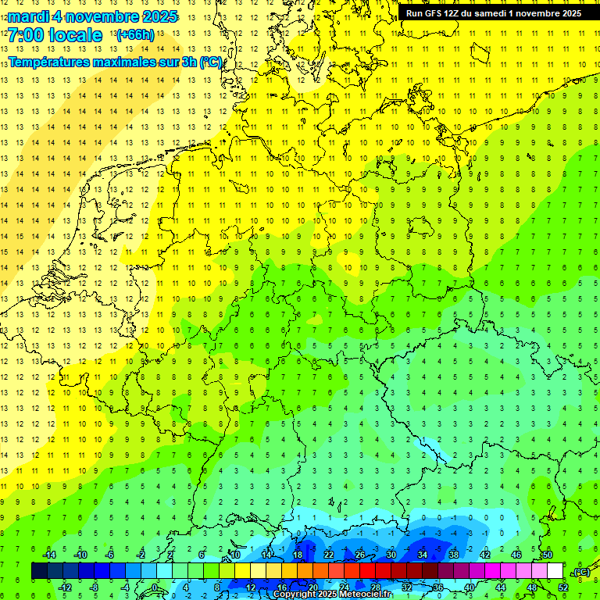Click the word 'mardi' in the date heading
(x=30, y=16)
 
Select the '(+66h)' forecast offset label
(x=135, y=35)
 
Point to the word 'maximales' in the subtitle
(x=131, y=62)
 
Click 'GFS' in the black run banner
(x=436, y=13)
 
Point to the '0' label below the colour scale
(x=155, y=587)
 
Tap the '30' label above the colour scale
(x=391, y=555)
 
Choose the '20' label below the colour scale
(x=312, y=587)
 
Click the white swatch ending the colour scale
(x=555, y=571)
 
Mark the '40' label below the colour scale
(x=469, y=587)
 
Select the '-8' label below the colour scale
(x=94, y=587)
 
